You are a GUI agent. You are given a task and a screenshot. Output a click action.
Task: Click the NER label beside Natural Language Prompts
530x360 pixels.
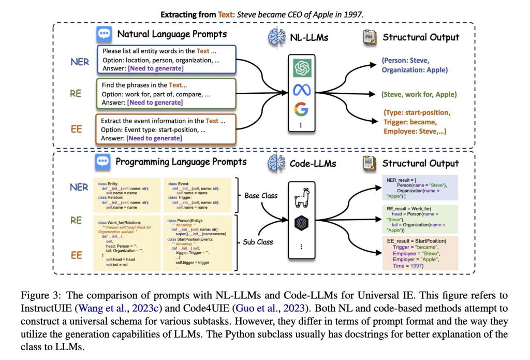click(x=79, y=61)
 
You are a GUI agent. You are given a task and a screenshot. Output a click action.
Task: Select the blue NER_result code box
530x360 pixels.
click(x=420, y=186)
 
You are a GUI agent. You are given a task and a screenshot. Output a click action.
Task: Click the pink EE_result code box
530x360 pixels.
click(x=420, y=253)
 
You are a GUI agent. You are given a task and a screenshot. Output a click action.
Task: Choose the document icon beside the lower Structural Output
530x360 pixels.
click(x=370, y=163)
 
